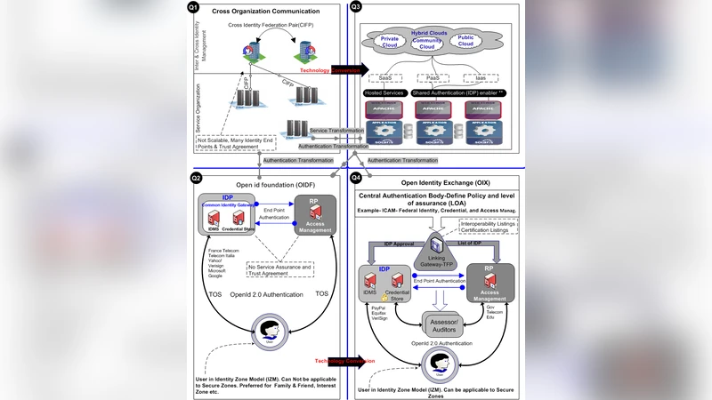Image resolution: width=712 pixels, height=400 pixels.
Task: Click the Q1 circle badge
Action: tap(194, 8)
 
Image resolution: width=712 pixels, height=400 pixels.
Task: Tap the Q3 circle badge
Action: tap(355, 8)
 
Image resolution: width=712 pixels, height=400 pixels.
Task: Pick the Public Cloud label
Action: tap(465, 40)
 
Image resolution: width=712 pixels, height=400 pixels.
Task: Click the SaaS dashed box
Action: tap(385, 77)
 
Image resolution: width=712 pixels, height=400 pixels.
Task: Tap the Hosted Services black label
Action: tap(384, 92)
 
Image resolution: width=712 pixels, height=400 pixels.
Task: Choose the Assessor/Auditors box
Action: tap(445, 325)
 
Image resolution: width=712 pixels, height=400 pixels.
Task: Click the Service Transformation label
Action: tap(336, 131)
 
